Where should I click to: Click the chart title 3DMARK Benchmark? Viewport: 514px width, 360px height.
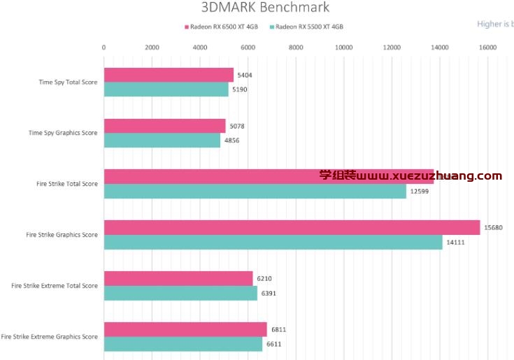point(264,8)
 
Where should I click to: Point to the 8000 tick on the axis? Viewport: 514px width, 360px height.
point(296,48)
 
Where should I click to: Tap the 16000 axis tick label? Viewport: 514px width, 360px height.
point(487,48)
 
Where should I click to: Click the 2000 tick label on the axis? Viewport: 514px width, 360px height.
point(152,48)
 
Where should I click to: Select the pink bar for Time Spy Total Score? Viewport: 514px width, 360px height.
point(169,75)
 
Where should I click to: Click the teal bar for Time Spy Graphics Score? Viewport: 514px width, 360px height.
point(162,141)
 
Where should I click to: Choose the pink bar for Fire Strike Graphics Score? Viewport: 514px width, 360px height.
point(292,228)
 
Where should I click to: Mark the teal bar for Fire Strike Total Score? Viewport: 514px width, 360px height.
point(255,192)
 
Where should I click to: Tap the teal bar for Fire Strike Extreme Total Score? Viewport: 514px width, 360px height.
point(180,293)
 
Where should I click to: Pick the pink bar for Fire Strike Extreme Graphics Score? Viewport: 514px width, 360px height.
point(185,329)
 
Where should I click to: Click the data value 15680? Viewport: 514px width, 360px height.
point(493,228)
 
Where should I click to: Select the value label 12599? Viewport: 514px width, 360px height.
point(419,192)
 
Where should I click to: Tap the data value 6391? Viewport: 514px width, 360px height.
point(269,293)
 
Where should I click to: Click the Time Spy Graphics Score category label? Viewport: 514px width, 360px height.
point(63,133)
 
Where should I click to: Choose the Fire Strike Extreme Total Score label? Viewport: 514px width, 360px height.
point(55,285)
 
